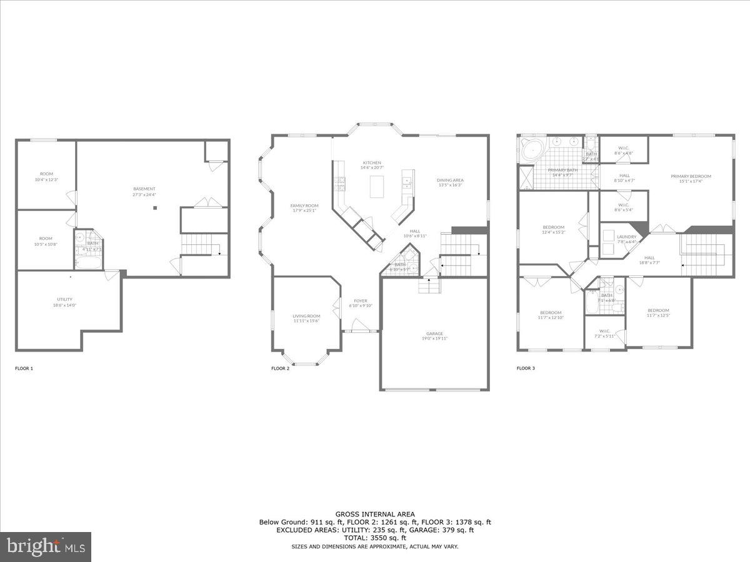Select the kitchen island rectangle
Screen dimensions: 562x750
tap(377, 187)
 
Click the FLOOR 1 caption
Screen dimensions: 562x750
tap(24, 368)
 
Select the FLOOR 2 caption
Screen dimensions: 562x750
tap(280, 368)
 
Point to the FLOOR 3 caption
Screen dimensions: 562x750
tap(526, 368)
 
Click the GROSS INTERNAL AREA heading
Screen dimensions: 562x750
tap(375, 515)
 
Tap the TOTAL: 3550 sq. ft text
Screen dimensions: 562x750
tap(375, 538)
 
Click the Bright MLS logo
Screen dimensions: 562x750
tap(46, 547)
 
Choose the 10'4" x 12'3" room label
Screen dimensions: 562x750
tap(46, 177)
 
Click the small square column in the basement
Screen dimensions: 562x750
tap(156, 209)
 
